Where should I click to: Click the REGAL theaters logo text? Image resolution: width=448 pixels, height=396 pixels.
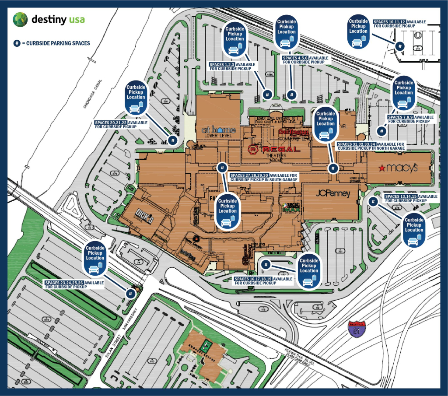[x=274, y=150]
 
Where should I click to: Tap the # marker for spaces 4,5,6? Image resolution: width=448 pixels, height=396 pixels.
[x=292, y=94]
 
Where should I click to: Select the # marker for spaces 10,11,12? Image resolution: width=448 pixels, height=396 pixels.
[x=399, y=46]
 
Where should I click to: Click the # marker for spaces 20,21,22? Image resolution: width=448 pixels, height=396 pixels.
[x=173, y=140]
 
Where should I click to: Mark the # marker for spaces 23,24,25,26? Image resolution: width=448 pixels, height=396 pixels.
[x=130, y=293]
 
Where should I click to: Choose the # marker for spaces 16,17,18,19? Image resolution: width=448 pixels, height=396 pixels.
[x=266, y=265]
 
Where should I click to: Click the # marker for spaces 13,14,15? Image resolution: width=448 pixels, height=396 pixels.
[x=373, y=202]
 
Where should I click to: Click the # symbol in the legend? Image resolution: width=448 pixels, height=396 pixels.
[x=17, y=43]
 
